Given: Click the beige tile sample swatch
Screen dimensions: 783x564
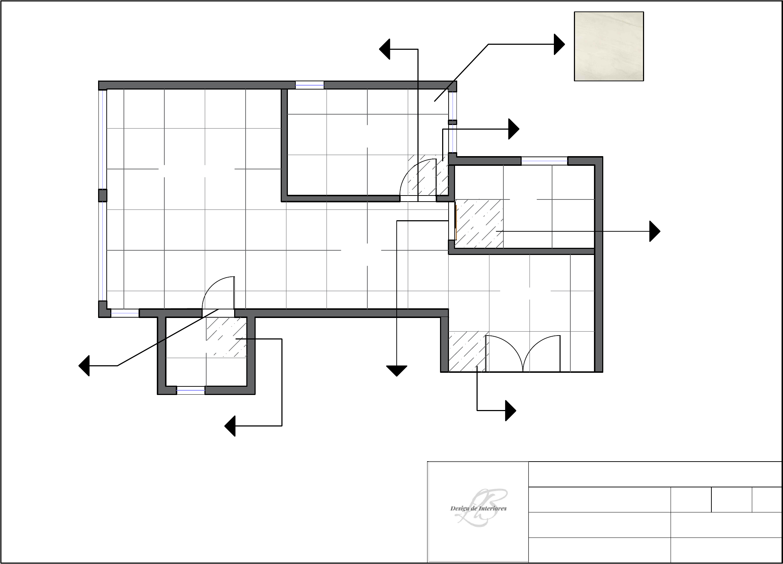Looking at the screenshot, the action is coord(609,46).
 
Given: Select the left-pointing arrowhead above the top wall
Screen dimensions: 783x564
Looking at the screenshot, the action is coord(385,49).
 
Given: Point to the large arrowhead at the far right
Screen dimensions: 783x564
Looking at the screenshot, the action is coord(655,231).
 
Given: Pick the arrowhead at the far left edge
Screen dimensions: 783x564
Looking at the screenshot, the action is coord(84,366).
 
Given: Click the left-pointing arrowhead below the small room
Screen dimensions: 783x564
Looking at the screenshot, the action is coord(230,426).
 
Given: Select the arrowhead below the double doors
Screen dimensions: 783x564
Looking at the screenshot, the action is coord(511,410).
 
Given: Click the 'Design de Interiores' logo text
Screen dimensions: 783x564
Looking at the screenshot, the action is coord(478,508).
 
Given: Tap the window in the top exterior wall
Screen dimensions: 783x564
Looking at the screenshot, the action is coord(309,85).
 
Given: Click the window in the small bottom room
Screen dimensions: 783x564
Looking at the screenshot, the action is coord(190,390).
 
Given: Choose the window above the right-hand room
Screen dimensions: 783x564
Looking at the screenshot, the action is coord(544,161).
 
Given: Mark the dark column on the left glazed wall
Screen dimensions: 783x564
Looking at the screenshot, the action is coord(102,196).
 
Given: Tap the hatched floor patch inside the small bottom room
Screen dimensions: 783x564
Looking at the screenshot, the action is coord(226,337).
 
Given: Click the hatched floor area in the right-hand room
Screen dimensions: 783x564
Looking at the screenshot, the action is coord(479,224).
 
